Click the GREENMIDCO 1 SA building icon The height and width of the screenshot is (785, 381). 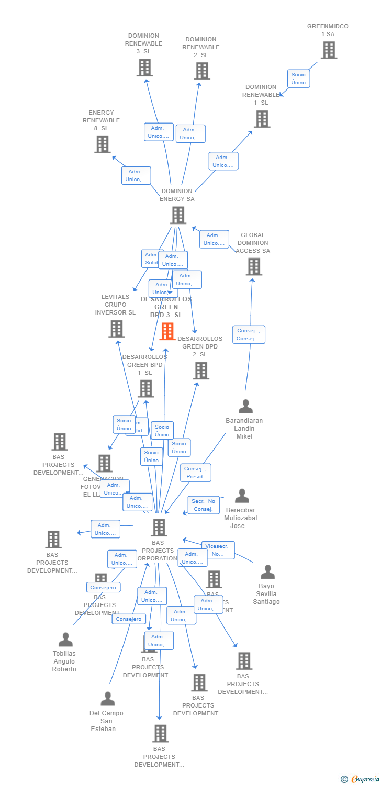[x=329, y=50]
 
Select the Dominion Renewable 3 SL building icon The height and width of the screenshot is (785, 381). [x=144, y=68]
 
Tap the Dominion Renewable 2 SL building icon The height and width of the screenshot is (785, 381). [x=202, y=71]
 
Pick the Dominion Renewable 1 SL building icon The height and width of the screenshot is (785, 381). [x=262, y=119]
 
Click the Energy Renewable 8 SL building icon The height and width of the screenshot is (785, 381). [x=103, y=144]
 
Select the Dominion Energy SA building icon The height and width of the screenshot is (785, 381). [x=178, y=215]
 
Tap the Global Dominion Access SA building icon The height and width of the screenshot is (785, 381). [x=254, y=266]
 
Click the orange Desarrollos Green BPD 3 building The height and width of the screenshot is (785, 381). [x=167, y=331]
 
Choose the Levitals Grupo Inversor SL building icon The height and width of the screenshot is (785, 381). [x=116, y=329]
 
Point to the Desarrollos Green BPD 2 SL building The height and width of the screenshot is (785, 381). [x=201, y=371]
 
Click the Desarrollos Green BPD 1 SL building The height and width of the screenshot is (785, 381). [x=146, y=388]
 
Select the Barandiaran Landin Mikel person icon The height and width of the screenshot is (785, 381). [x=245, y=407]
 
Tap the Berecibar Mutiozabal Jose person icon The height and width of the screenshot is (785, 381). [x=242, y=496]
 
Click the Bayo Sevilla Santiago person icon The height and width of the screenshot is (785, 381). [x=267, y=572]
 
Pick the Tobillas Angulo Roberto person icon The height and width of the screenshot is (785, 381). [x=65, y=640]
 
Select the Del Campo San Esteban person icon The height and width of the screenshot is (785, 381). [x=108, y=699]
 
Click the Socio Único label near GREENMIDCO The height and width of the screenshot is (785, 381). [x=298, y=78]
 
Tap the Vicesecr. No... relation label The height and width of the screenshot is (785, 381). [x=218, y=550]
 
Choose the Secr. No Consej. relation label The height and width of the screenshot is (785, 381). [x=204, y=505]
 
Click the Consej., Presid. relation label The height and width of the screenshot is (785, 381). [x=196, y=473]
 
